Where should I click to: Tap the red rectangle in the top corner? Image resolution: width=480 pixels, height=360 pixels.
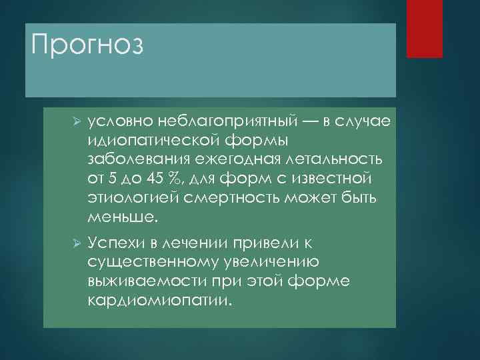tap(425, 28)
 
